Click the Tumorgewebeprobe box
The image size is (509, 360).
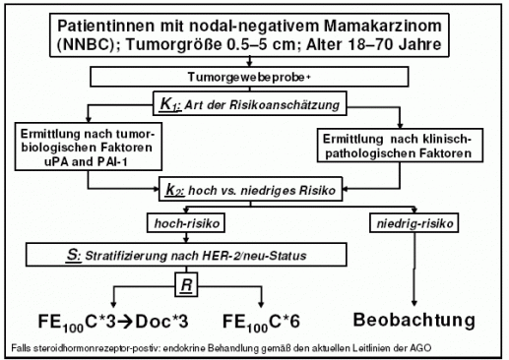(x=254, y=75)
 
